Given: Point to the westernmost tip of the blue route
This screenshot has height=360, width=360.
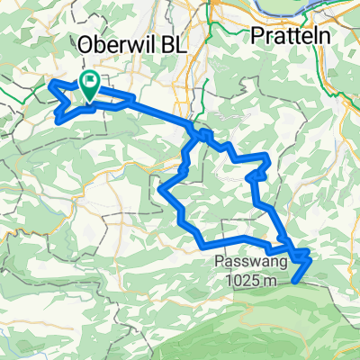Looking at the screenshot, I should [x=49, y=85].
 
